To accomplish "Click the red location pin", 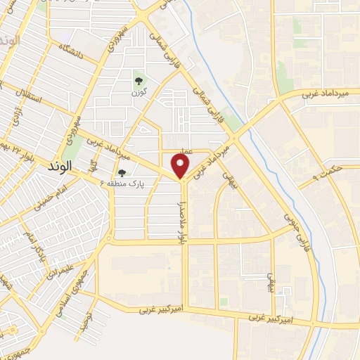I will (x=181, y=166).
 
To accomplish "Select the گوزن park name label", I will (x=139, y=92).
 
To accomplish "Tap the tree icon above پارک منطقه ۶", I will (x=122, y=173).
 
